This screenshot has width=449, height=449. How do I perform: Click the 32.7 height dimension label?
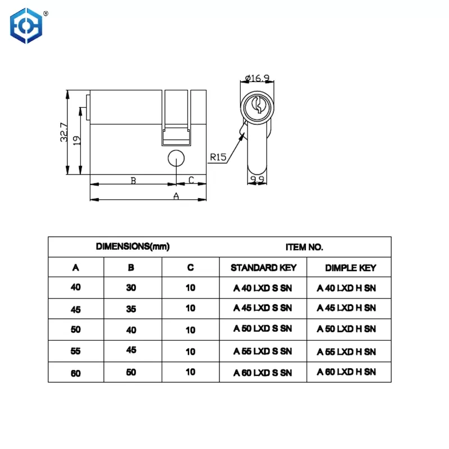tap(63, 132)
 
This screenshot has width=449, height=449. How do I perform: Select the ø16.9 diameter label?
tap(257, 79)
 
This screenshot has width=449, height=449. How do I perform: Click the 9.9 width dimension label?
tap(258, 180)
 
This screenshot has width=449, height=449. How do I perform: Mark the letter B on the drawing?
tap(133, 180)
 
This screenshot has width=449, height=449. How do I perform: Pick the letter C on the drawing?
tap(191, 180)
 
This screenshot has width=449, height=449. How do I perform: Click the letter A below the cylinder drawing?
tap(176, 196)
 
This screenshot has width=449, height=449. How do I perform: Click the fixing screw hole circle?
tap(176, 158)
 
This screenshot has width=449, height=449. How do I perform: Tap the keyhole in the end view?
tap(258, 104)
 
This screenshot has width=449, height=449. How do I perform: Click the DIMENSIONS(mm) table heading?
tap(133, 246)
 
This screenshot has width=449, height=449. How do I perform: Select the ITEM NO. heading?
tap(304, 246)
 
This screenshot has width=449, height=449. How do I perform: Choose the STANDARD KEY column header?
tap(263, 267)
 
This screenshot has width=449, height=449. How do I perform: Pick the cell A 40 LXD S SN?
tap(263, 288)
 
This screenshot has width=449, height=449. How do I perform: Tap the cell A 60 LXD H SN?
tap(346, 372)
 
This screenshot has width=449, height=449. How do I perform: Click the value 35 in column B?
tap(131, 308)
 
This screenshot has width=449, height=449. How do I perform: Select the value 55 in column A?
tap(75, 351)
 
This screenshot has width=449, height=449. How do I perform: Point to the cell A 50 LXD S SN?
tap(263, 329)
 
